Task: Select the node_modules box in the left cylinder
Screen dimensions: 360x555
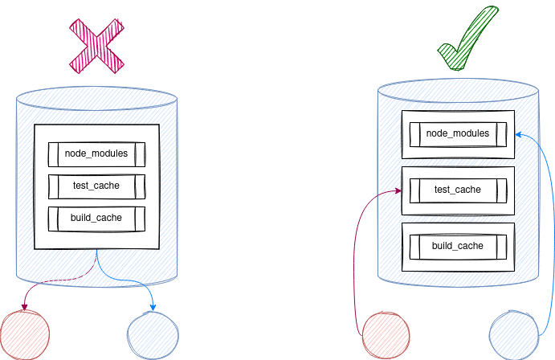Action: (96, 153)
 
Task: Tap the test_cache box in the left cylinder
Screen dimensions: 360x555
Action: (96, 186)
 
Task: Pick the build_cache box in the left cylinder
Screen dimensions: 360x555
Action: (96, 219)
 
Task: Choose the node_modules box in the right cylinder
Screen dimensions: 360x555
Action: (458, 133)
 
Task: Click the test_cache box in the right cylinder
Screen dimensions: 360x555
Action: (458, 190)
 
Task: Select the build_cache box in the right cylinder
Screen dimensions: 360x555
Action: (458, 246)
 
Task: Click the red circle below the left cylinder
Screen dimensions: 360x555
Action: (25, 333)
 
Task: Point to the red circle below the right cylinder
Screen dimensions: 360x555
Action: (387, 336)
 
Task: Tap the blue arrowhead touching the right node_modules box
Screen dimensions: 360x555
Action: (519, 134)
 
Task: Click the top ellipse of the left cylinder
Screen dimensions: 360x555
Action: (96, 100)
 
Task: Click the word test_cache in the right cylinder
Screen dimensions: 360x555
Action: (458, 190)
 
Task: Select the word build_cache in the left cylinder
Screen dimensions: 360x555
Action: (96, 219)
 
